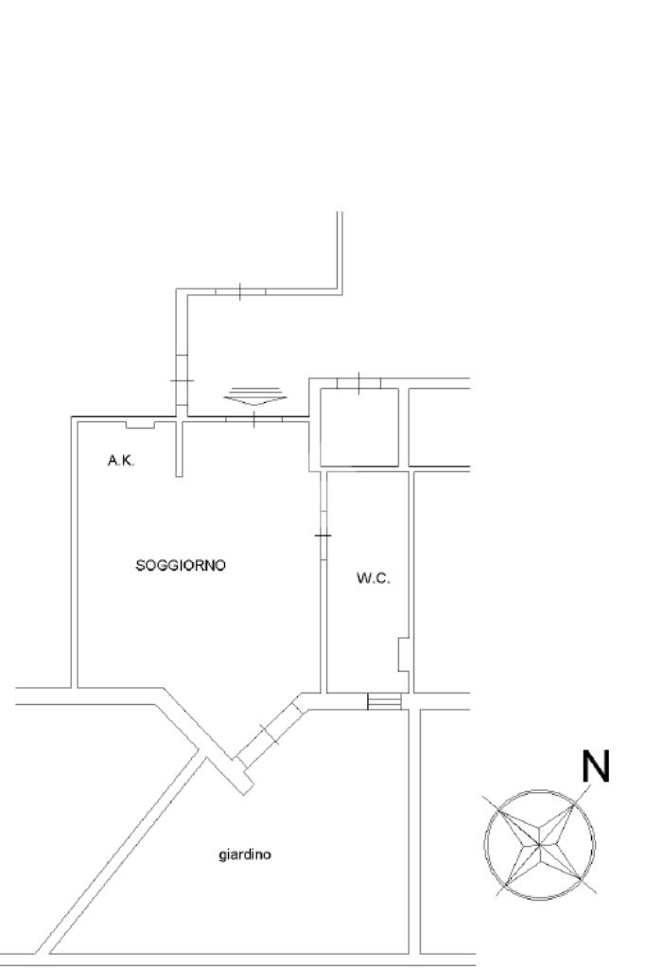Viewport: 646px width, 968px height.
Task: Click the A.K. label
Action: (x=119, y=461)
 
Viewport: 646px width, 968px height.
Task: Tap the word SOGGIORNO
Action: (x=181, y=566)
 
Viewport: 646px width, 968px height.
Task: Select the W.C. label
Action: (x=373, y=579)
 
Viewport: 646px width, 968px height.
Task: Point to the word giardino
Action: (x=245, y=854)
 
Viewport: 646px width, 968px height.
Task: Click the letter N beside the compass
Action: (x=595, y=768)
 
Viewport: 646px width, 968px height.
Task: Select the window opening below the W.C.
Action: (x=384, y=701)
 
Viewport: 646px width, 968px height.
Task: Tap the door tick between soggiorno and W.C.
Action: (x=323, y=536)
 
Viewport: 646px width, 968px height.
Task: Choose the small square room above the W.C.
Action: (x=358, y=427)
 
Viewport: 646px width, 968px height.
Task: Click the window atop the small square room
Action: (x=359, y=383)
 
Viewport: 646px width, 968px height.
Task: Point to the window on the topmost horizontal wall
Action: (x=240, y=292)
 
